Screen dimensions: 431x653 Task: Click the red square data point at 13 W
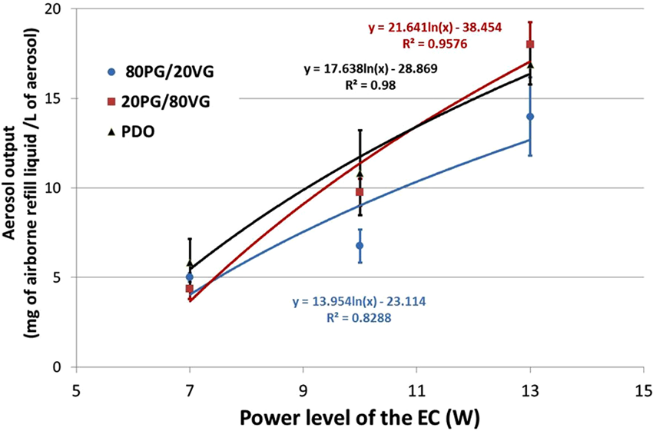pos(530,45)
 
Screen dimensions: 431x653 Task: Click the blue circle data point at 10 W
pos(360,246)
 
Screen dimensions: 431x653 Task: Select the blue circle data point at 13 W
pos(530,117)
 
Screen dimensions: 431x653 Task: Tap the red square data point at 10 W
pos(360,192)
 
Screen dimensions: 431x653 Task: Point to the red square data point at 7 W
pos(190,289)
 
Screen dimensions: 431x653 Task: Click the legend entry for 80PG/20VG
pos(161,72)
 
